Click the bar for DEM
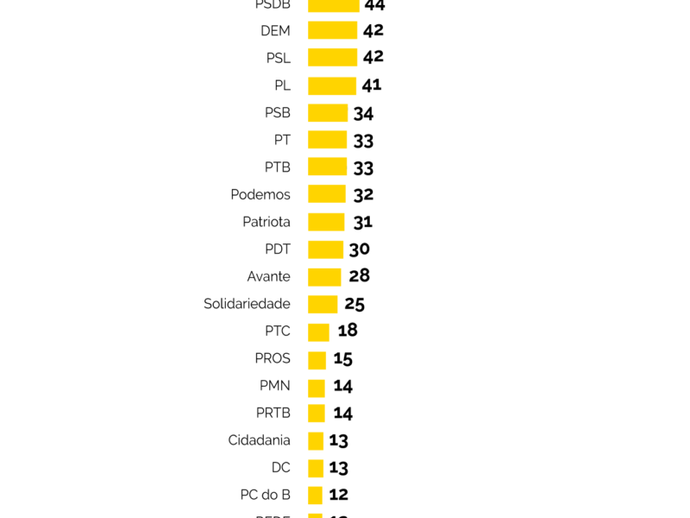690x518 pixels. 332,30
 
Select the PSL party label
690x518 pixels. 278,58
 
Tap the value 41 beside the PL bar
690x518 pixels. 372,85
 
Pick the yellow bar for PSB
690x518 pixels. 328,112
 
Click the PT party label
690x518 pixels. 282,140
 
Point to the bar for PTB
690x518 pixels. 327,167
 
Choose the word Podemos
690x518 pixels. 260,194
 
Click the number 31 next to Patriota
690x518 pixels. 362,222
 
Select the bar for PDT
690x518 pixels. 325,250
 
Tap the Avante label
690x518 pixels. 268,276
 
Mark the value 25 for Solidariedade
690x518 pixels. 354,304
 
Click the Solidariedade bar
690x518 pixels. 323,304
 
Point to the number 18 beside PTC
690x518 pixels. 348,331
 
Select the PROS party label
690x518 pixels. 273,358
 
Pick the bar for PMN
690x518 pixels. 317,386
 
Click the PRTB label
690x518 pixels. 273,413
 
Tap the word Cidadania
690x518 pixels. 259,440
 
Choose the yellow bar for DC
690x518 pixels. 316,468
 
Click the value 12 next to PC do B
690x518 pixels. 339,495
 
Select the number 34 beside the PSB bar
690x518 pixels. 363,113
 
